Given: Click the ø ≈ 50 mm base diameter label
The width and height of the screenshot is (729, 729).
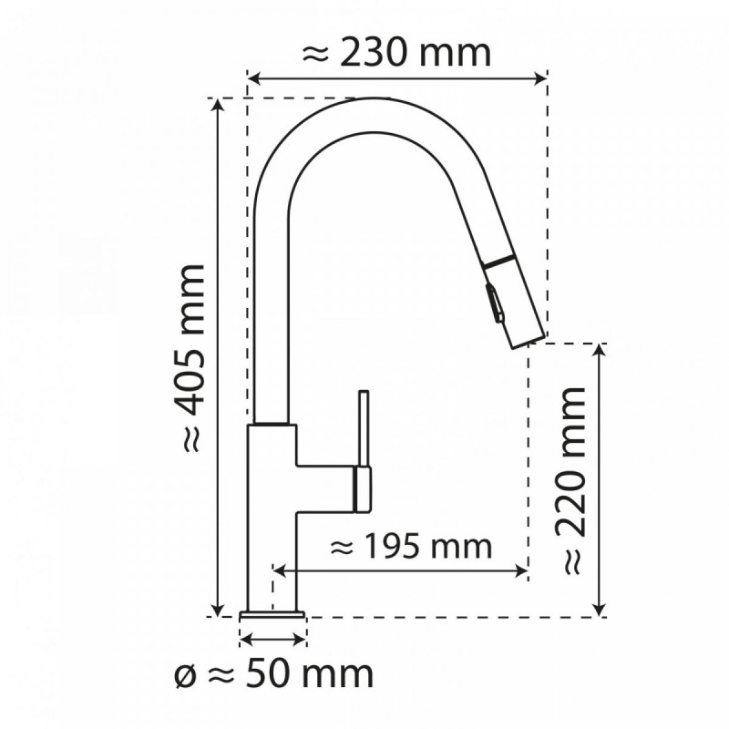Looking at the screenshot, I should [x=273, y=675].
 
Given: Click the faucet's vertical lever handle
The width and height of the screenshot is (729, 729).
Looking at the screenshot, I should [x=363, y=428].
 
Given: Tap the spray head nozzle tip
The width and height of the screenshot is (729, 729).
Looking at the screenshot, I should [x=524, y=339].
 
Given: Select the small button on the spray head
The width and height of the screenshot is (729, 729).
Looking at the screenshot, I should [x=493, y=302].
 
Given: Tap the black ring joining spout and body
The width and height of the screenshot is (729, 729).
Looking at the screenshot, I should [x=272, y=425].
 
